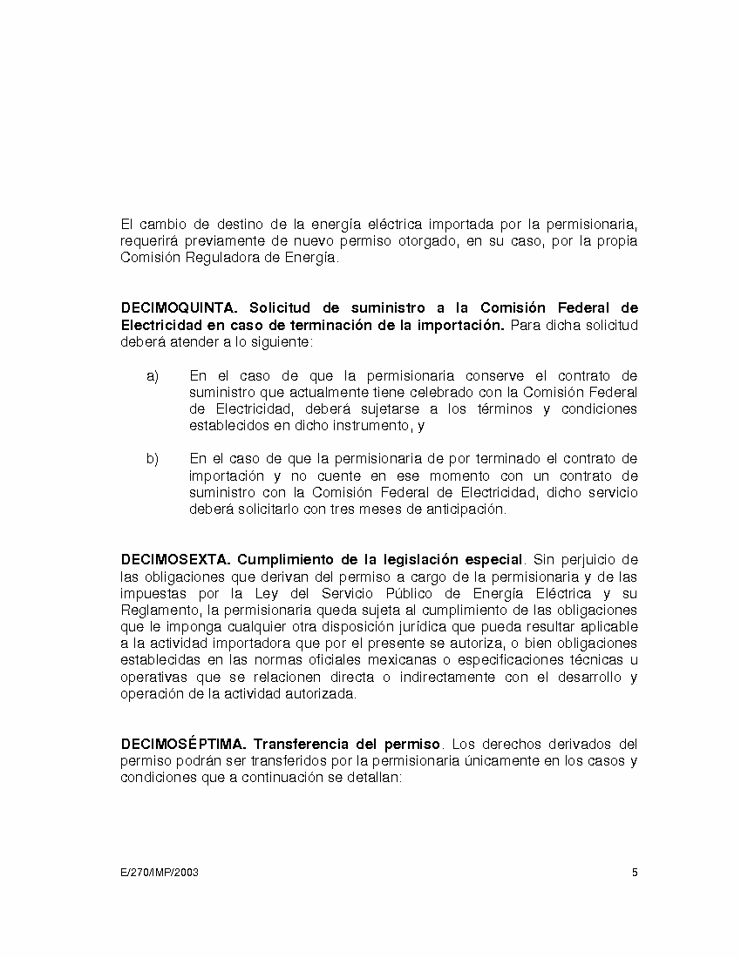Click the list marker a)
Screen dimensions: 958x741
coord(153,376)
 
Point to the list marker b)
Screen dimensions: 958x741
coord(153,459)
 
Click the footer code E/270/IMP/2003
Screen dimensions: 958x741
coord(160,873)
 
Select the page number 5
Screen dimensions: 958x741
coord(635,873)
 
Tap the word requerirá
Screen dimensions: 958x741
coord(147,241)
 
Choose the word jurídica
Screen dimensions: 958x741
coord(449,627)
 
